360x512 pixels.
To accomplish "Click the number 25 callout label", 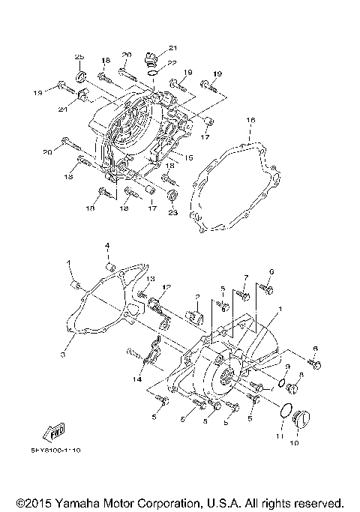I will point(79,58).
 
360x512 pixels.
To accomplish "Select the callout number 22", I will point(172,63).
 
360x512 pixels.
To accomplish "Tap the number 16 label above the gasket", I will point(251,120).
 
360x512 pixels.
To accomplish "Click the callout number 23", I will point(174,213).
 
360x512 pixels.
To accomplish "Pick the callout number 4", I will point(107,246).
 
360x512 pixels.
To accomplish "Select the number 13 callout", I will point(150,279).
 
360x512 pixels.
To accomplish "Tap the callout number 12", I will point(167,286).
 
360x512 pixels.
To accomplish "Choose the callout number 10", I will point(293,443).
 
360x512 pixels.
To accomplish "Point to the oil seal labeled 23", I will point(173,196).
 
